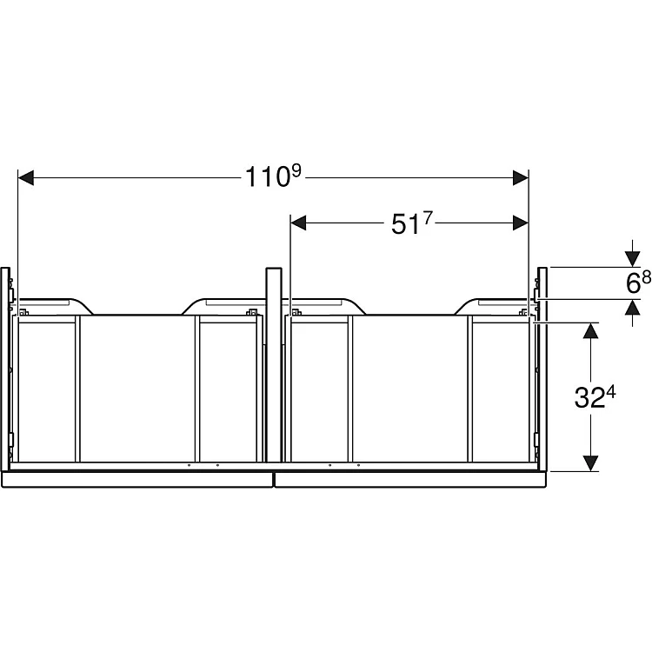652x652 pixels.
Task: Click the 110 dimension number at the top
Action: [267, 176]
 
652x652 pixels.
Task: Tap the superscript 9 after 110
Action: [296, 171]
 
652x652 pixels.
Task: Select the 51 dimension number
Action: [405, 225]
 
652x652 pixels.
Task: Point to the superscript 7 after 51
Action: [428, 217]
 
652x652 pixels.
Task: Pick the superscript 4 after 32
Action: [611, 392]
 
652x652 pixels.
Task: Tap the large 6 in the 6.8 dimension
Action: [633, 284]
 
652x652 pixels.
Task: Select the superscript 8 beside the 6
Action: [646, 278]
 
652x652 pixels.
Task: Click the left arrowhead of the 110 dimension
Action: [26, 178]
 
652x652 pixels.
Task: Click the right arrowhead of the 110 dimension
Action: [521, 178]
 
